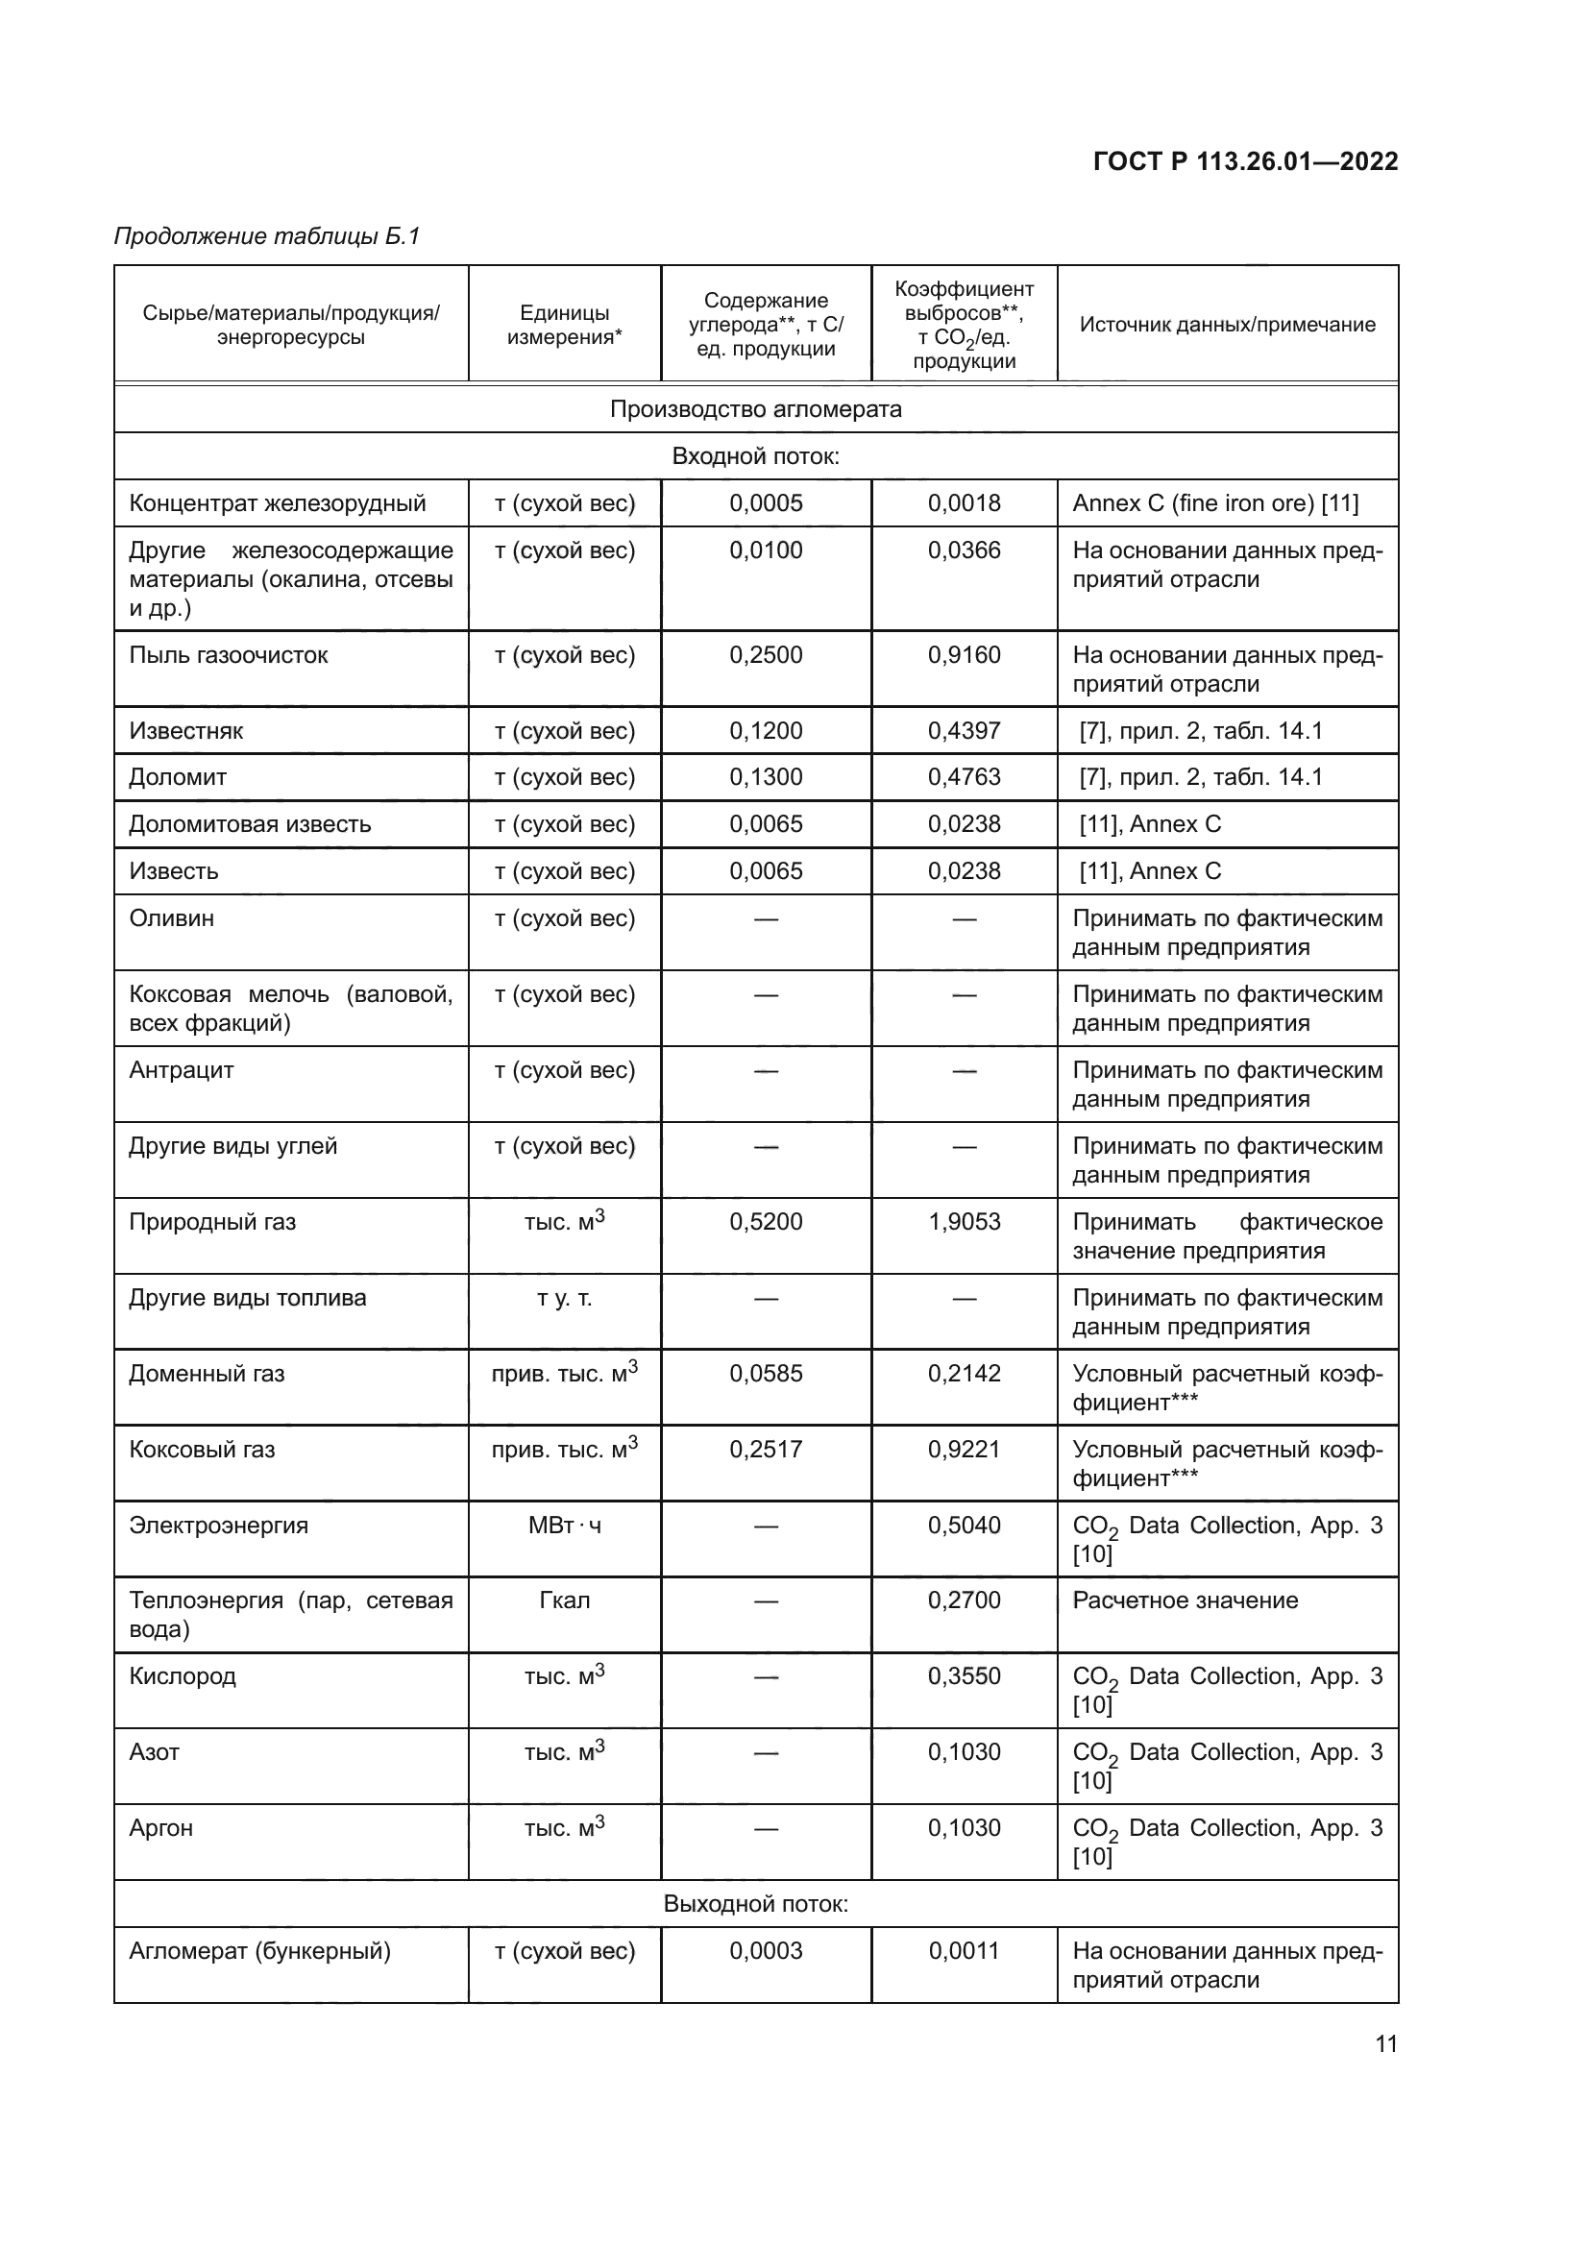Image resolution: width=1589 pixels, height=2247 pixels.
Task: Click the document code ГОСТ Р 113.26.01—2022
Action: (x=1244, y=161)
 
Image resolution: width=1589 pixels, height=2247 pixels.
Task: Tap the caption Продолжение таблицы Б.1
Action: (x=267, y=236)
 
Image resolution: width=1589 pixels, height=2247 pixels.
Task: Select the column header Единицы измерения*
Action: (x=565, y=325)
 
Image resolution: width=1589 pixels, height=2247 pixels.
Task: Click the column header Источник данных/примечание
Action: (x=1227, y=325)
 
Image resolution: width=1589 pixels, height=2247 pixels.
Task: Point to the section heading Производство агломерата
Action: (x=755, y=409)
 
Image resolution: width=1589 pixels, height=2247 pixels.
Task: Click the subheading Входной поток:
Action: (x=755, y=456)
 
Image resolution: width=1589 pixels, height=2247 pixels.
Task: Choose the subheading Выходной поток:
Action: (x=755, y=1903)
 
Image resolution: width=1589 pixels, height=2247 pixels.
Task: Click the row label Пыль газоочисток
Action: (x=228, y=655)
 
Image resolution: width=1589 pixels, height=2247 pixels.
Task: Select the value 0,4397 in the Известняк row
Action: (x=964, y=731)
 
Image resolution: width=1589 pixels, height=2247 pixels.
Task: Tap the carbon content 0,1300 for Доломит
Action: (x=765, y=777)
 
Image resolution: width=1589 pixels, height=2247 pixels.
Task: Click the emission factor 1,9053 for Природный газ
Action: (x=964, y=1221)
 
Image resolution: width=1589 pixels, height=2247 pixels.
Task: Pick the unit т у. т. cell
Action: (x=565, y=1298)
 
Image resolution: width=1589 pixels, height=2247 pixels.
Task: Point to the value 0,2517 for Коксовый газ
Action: (x=765, y=1450)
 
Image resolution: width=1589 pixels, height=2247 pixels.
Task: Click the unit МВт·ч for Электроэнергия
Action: (x=565, y=1525)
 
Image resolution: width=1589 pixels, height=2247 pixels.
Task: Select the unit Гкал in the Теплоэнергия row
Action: (x=565, y=1600)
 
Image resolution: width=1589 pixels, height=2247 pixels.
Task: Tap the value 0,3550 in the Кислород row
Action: (x=964, y=1675)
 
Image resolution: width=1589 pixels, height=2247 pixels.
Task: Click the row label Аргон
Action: (x=161, y=1827)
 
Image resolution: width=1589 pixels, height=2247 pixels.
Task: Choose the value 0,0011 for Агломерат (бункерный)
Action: (x=964, y=1950)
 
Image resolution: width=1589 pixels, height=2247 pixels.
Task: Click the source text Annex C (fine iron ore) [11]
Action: (x=1215, y=503)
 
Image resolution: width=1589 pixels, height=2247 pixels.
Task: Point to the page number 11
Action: (x=1385, y=2043)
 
